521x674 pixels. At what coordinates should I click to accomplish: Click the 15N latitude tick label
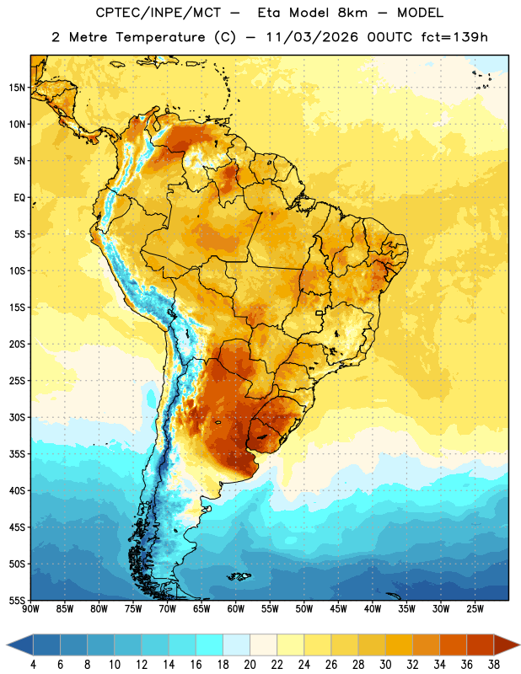(16, 88)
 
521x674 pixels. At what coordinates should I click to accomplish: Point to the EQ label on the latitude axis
(19, 198)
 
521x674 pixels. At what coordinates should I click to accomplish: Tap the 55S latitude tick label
(16, 601)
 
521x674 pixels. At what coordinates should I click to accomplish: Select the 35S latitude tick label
(16, 454)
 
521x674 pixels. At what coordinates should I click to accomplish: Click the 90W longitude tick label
(30, 609)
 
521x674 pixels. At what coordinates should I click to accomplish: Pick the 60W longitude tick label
(236, 609)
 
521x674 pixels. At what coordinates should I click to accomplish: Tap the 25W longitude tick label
(475, 609)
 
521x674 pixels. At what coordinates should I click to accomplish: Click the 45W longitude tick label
(338, 609)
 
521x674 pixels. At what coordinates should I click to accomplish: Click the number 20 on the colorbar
(250, 665)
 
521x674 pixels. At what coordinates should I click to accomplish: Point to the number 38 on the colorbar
(494, 665)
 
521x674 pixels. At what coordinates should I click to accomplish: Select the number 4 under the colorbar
(33, 665)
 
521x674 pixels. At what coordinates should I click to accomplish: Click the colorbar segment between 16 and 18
(210, 645)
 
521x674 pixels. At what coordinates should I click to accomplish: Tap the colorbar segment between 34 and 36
(454, 645)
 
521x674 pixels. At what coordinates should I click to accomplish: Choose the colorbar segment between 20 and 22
(264, 645)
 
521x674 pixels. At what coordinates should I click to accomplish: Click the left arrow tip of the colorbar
(7, 645)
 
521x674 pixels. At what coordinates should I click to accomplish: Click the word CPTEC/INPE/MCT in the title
(158, 13)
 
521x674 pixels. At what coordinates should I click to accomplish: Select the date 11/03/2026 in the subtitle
(312, 37)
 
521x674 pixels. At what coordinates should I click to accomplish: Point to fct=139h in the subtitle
(454, 37)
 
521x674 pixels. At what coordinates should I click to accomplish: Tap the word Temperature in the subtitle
(160, 37)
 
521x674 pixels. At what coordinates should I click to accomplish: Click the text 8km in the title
(352, 13)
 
